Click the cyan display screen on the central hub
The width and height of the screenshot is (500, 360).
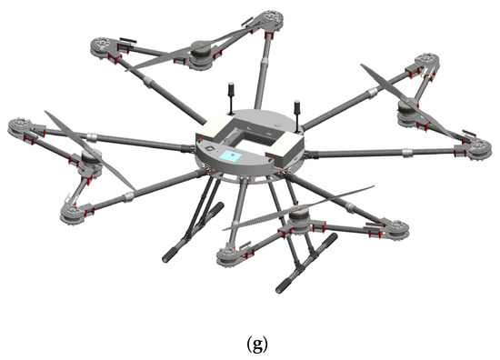[x=232, y=156]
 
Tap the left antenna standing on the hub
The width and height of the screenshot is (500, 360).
[x=230, y=96]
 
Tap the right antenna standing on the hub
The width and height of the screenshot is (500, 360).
[x=295, y=109]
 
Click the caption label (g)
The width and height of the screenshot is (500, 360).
[x=249, y=344]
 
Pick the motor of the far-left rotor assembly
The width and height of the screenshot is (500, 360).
[x=89, y=162]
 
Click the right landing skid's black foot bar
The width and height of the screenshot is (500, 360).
[x=306, y=262]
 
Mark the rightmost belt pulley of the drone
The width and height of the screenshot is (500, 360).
[x=478, y=151]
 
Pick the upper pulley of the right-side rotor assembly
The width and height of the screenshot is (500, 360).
[x=425, y=63]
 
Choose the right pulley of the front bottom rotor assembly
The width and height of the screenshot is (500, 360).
[x=395, y=229]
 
